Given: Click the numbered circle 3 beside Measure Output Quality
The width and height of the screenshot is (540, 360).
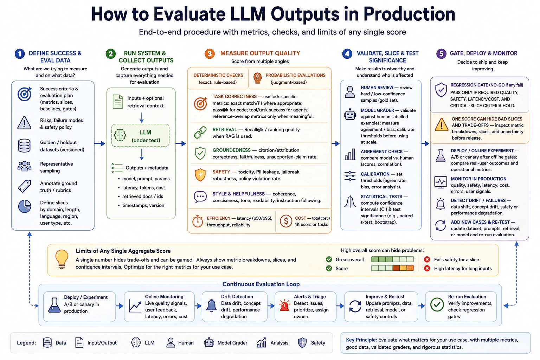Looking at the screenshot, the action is coord(210,53).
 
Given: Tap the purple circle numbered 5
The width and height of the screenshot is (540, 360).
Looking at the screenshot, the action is coord(441,53).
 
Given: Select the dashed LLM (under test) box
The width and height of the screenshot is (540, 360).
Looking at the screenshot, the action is coord(140,135).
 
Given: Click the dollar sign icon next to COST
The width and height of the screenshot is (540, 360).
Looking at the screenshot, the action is coord(286,221).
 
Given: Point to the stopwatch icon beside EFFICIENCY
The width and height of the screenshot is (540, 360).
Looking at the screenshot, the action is coord(198,221).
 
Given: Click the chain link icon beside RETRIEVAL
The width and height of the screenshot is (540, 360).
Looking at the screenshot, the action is coord(200,133).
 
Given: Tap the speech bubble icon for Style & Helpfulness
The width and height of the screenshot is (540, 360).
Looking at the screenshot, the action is coord(200,197).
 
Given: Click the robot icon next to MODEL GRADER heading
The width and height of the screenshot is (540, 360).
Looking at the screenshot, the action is coord(350,114).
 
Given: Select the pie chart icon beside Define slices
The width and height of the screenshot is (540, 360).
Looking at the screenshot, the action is coord(25,206).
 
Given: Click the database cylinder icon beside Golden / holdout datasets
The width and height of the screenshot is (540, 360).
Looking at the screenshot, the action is coord(24,146).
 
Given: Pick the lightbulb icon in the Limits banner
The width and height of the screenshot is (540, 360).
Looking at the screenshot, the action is coord(62,259).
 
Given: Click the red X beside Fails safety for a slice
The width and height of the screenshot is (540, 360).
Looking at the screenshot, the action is coord(427,259).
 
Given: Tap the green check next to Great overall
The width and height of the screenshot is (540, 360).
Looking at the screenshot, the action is coord(329,259).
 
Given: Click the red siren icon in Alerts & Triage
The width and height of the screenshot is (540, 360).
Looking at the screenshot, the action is coord(284,306).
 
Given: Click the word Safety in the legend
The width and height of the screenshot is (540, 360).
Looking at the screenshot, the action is coord(318,343).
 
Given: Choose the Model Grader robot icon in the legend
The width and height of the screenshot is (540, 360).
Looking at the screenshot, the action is coord(209,342).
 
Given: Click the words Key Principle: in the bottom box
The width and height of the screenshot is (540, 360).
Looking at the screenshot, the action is coord(361,340).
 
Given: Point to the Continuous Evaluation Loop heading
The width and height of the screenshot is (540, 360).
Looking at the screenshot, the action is coord(261,284).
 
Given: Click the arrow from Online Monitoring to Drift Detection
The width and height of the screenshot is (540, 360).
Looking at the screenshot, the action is coord(198,306).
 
